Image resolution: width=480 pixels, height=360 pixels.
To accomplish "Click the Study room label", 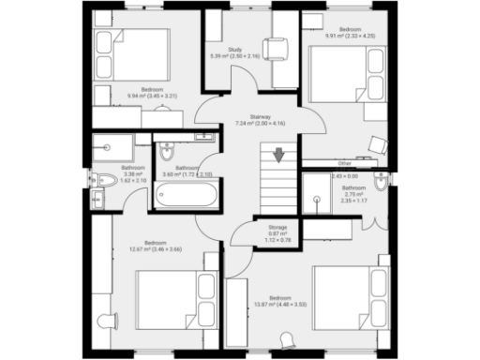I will tap(235, 49).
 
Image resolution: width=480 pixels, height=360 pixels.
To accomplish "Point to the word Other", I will tap(345, 163).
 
